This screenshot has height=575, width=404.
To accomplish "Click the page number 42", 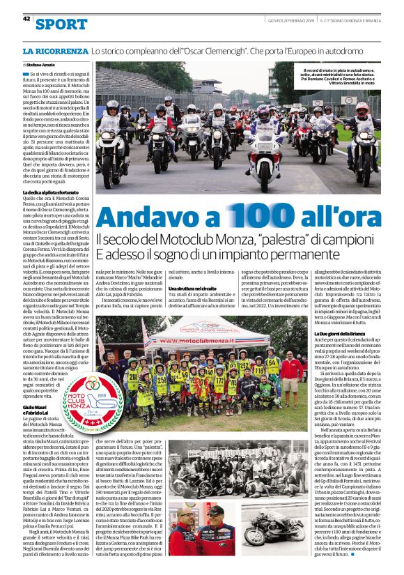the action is (x=26, y=19).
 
